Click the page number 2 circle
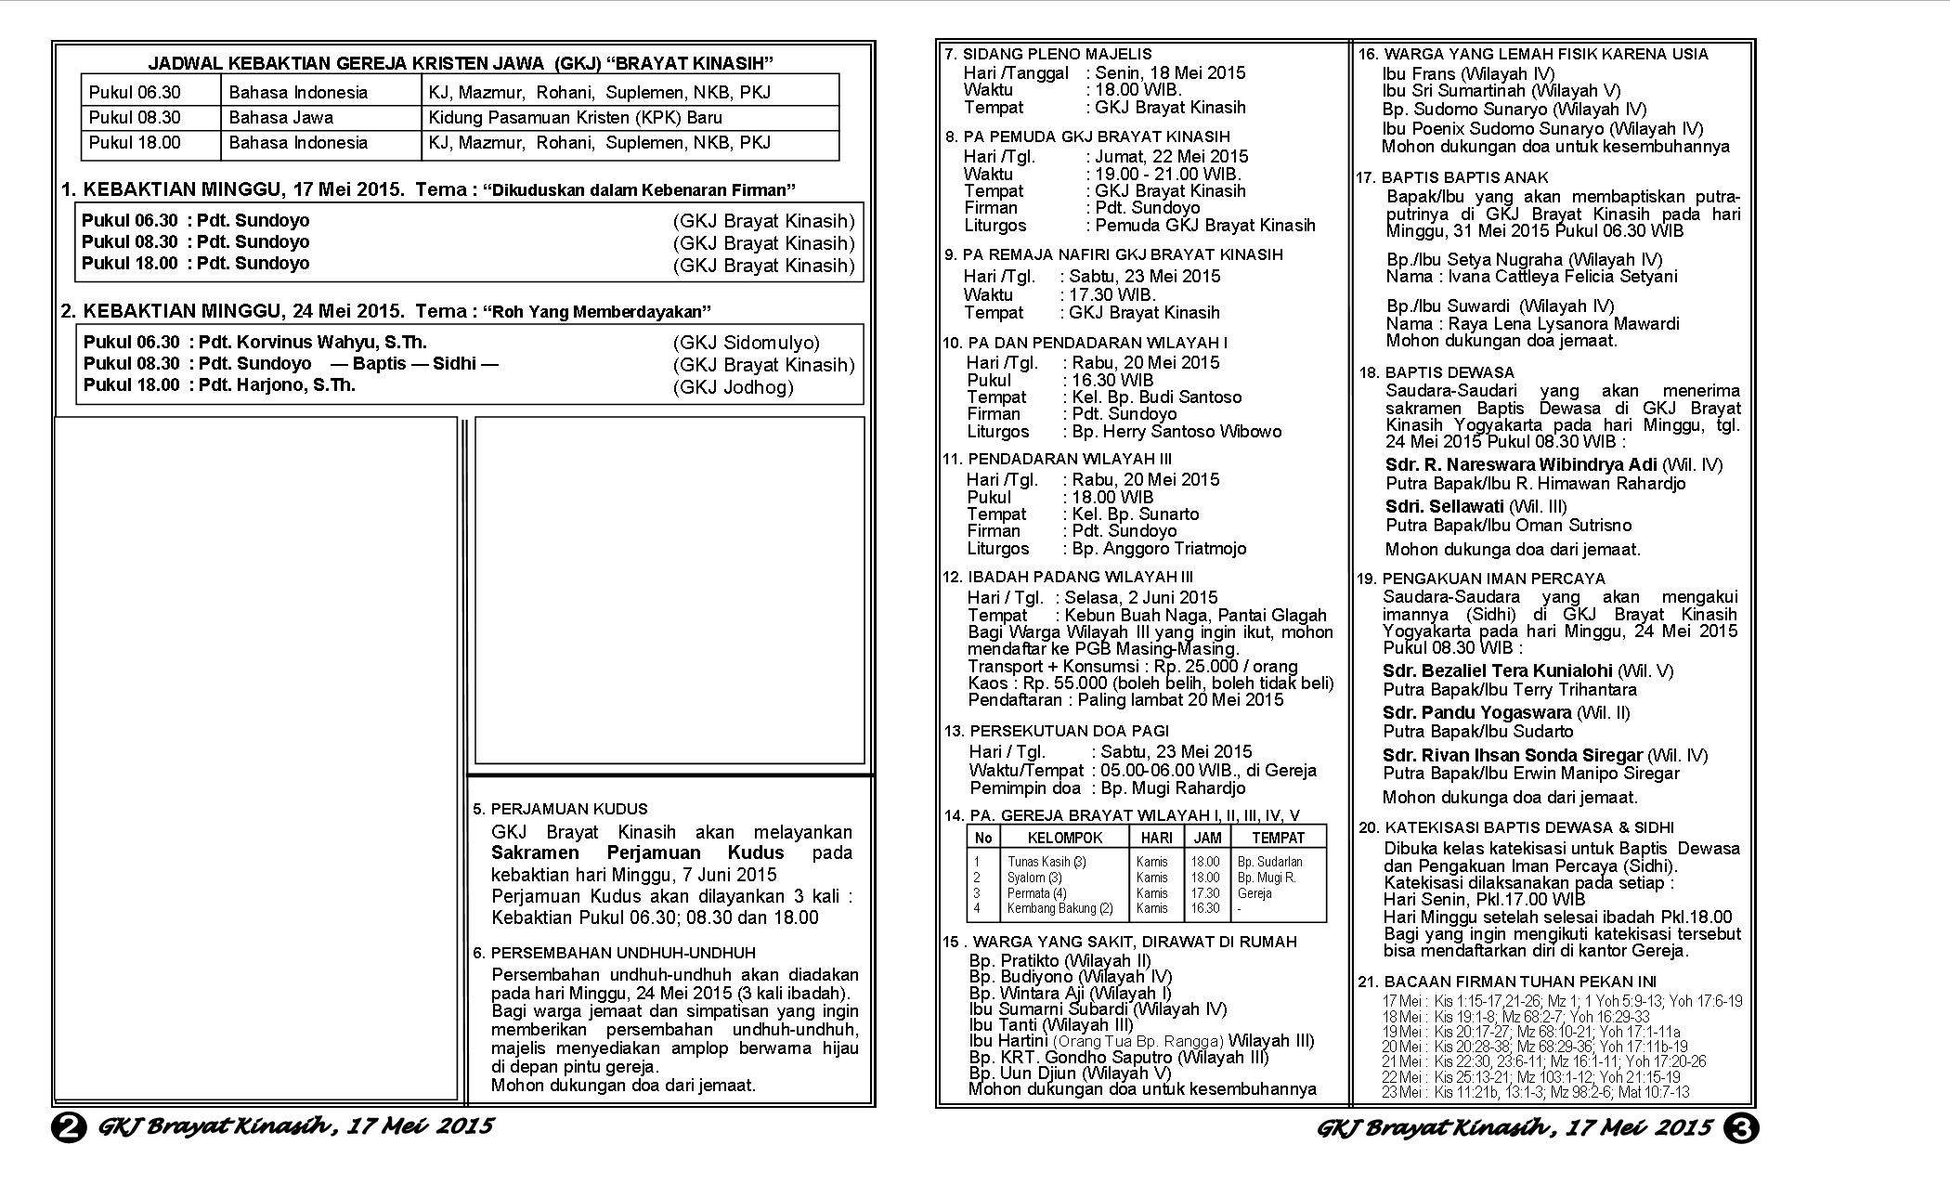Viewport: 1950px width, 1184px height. (70, 1128)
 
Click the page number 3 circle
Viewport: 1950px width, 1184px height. (1740, 1128)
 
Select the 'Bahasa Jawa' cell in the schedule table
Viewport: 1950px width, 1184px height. (280, 118)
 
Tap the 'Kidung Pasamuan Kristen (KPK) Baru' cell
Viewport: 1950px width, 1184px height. (575, 118)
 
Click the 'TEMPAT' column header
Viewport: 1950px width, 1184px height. (1278, 838)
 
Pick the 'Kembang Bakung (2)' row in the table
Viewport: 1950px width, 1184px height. (1059, 908)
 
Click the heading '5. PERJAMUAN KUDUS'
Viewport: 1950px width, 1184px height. (560, 809)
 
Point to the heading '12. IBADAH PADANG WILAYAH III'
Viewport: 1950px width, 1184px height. (1068, 577)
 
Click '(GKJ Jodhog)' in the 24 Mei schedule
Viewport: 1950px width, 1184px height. (734, 387)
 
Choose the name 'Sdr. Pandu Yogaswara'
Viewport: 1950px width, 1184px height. (1476, 712)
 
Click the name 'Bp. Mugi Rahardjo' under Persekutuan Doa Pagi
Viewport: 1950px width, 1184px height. (1174, 788)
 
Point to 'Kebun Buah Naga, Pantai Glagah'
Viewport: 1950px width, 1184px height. (1195, 615)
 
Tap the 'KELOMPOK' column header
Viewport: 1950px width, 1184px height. (1064, 838)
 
